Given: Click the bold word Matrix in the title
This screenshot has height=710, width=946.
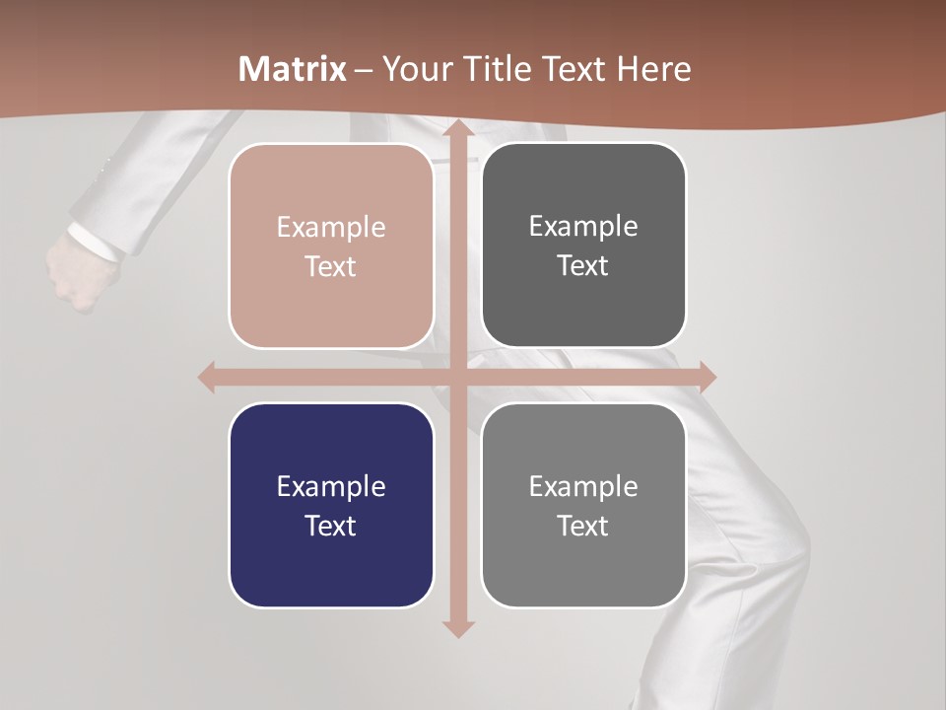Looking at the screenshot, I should [x=293, y=69].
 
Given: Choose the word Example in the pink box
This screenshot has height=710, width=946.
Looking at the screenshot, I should [x=331, y=228].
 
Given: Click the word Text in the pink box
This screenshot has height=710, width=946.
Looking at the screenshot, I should [x=331, y=266].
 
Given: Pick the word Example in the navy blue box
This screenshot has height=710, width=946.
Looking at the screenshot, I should [x=331, y=486].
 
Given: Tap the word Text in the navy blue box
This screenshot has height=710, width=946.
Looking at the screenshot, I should [x=331, y=526].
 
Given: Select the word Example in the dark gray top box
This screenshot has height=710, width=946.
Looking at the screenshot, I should [x=583, y=227].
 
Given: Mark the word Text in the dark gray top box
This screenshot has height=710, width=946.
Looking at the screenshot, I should [x=583, y=265].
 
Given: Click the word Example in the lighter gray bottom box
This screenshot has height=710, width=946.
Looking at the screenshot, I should [x=583, y=486].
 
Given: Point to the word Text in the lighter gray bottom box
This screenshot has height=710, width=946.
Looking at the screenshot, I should [x=583, y=526].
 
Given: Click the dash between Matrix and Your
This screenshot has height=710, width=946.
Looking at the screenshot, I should [x=364, y=70].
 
